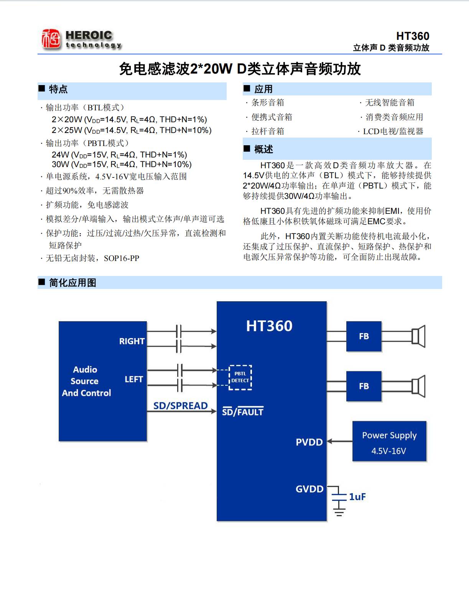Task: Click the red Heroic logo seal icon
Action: click(51, 39)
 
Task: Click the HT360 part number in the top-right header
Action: click(412, 36)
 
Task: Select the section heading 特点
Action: click(58, 89)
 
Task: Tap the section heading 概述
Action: click(263, 149)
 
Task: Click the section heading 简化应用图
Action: click(72, 283)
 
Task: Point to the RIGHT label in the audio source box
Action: click(132, 341)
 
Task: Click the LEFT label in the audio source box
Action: click(134, 379)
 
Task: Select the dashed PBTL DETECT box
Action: click(240, 377)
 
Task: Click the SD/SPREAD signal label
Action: click(180, 405)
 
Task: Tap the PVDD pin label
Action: click(309, 442)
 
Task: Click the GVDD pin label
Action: click(309, 489)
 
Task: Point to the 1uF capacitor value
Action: click(357, 497)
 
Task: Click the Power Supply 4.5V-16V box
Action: click(389, 441)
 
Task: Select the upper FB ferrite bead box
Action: click(364, 336)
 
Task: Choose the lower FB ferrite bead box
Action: click(364, 386)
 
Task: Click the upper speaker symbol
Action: click(418, 336)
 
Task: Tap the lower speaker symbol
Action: click(418, 386)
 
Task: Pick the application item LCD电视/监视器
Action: click(393, 131)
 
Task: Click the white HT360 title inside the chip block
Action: click(269, 326)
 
